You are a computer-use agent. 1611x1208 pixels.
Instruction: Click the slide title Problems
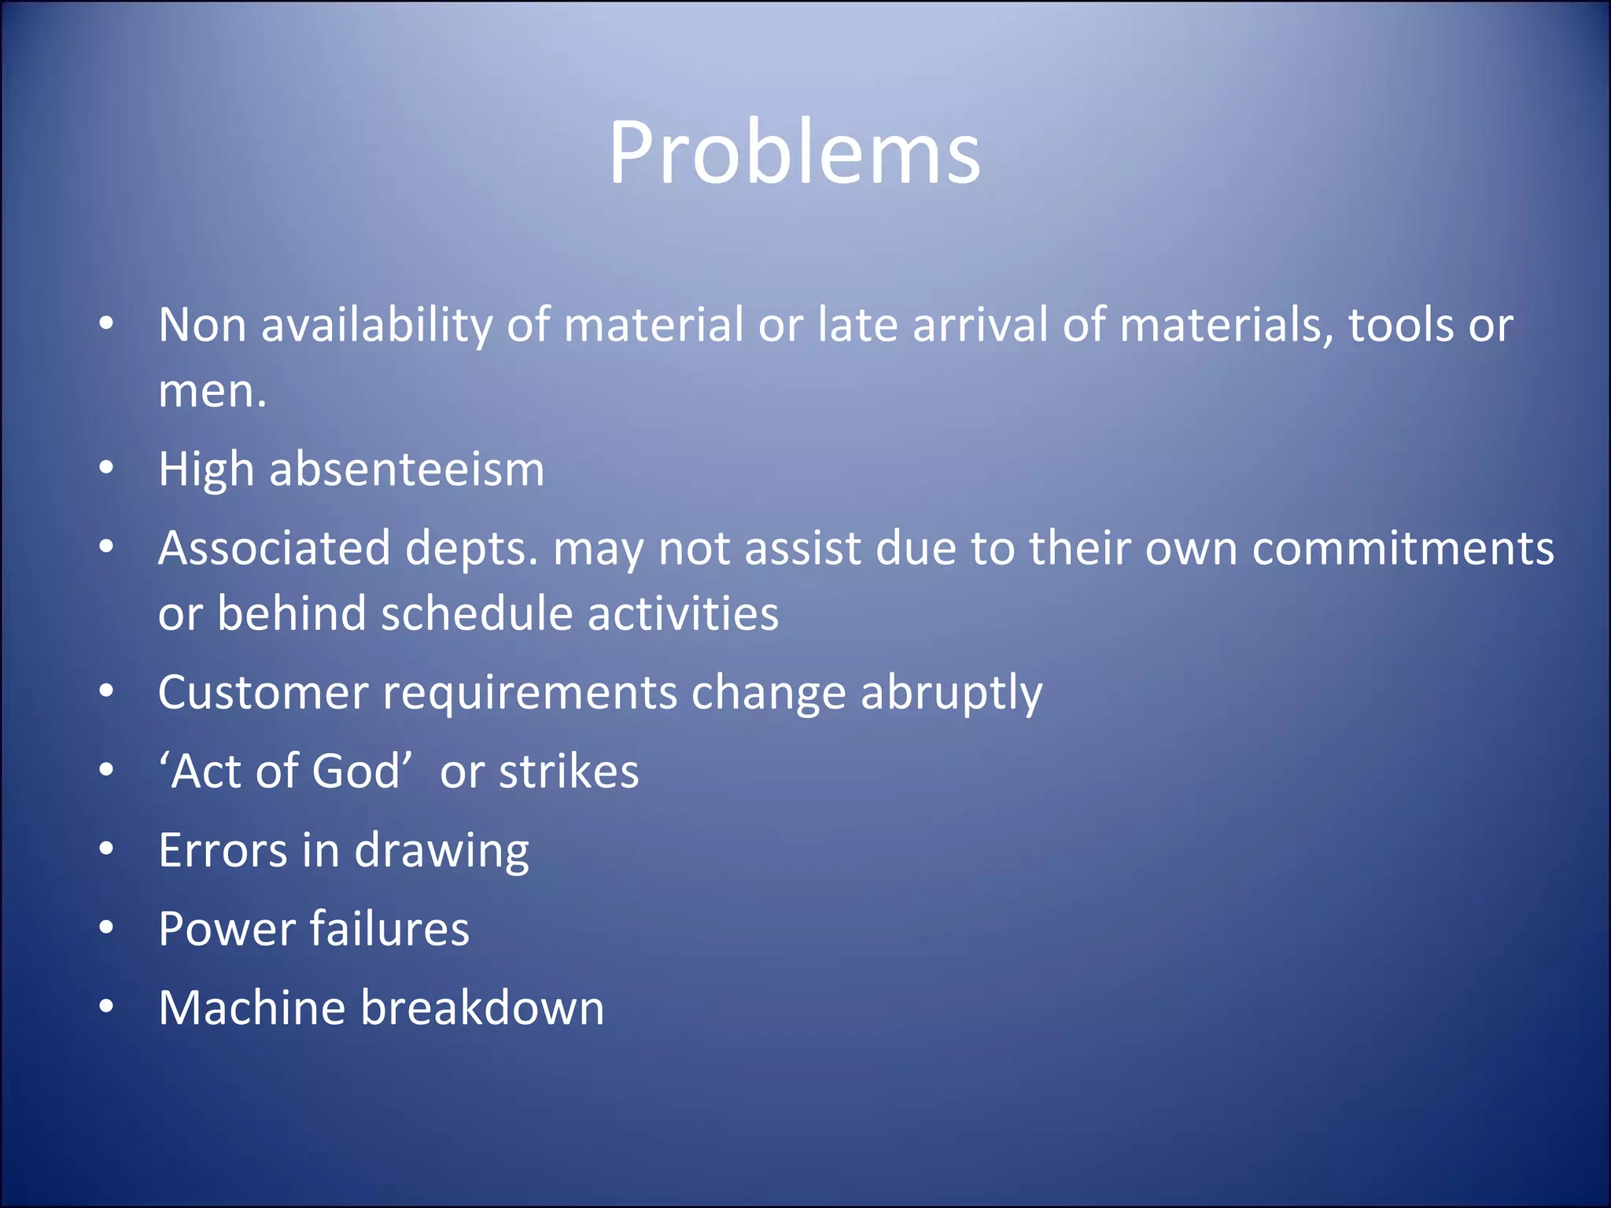pos(794,153)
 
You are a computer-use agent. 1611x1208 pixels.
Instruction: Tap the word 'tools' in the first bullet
pos(1389,325)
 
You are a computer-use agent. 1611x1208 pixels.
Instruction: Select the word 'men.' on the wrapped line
pos(212,391)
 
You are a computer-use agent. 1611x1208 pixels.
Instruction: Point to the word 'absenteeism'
pos(407,470)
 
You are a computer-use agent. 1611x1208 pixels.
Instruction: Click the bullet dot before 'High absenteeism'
pos(107,469)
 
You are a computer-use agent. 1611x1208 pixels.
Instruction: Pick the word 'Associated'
pos(274,548)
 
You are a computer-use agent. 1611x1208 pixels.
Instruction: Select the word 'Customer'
pos(264,693)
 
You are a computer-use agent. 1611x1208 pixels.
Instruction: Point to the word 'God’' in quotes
pos(362,771)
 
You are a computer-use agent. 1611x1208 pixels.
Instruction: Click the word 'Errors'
pos(223,851)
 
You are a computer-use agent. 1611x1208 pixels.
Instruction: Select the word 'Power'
pos(227,930)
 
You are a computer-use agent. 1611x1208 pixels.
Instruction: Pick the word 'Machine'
pos(252,1008)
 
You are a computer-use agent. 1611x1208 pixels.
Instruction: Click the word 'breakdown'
pos(482,1008)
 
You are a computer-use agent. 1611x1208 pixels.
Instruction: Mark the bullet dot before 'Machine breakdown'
pos(107,1006)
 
